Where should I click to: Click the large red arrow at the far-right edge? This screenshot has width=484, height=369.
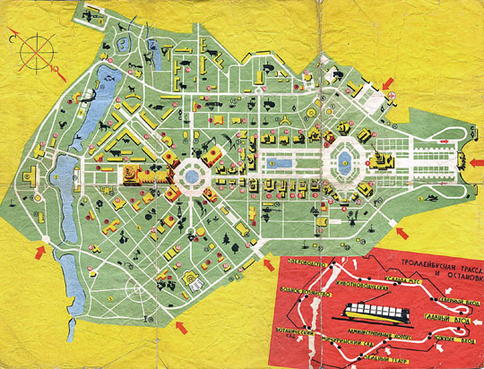point(472,161)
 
